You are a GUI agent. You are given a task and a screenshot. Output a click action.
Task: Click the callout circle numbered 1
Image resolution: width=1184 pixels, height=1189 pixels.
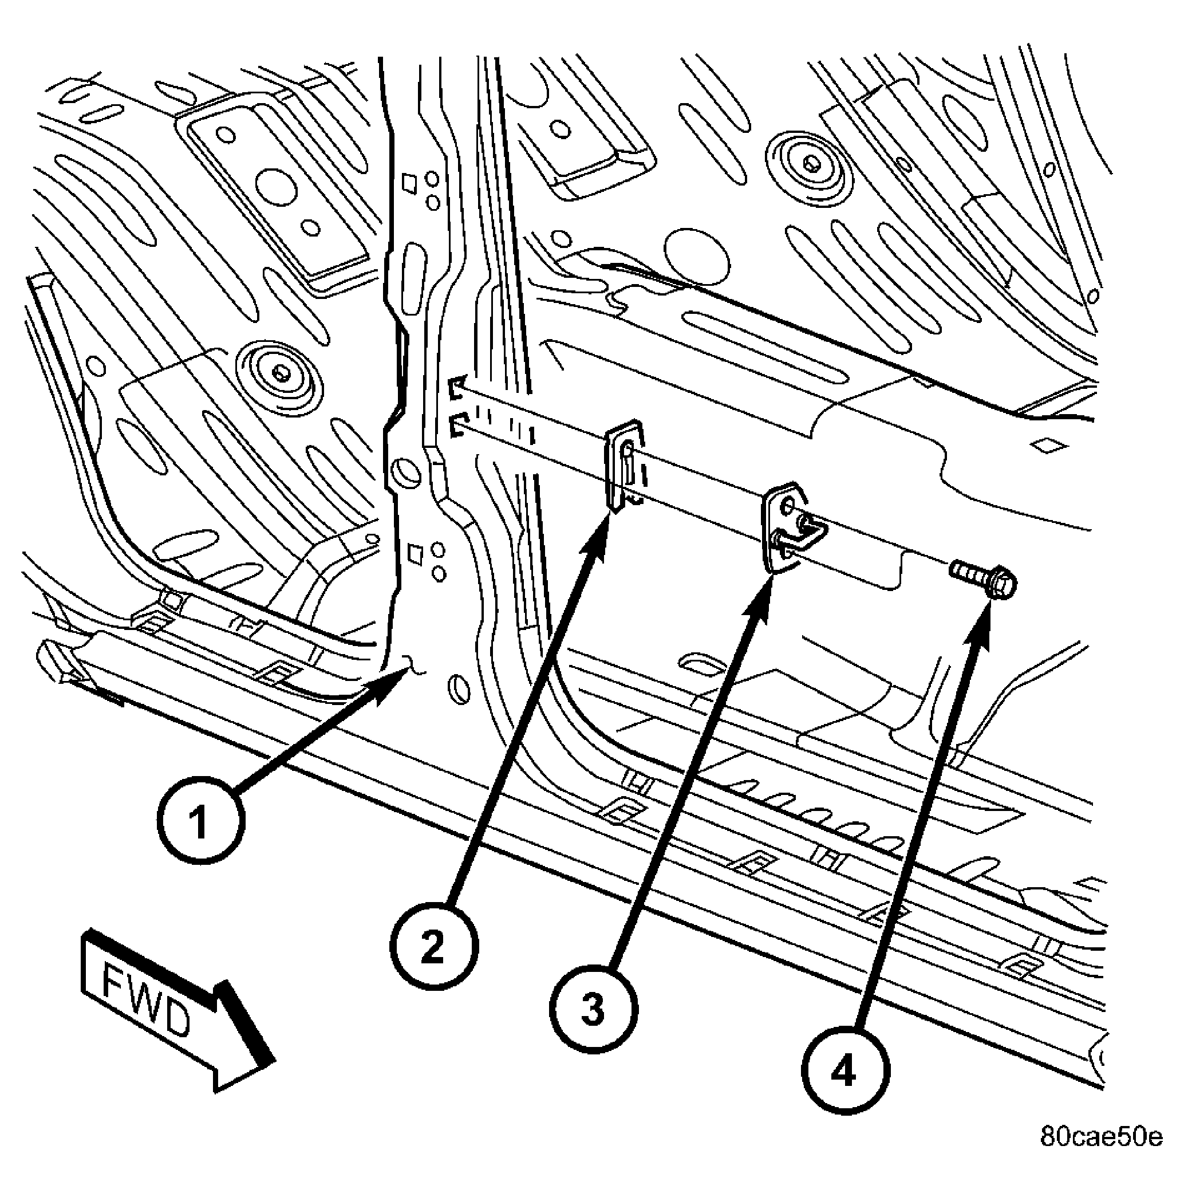point(200,821)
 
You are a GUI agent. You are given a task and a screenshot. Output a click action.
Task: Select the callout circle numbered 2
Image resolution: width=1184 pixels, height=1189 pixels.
point(433,946)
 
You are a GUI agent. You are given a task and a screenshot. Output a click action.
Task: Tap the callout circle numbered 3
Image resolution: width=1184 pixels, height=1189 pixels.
point(593,1010)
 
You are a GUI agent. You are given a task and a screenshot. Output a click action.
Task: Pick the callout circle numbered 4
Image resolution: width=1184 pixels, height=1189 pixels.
point(844,1072)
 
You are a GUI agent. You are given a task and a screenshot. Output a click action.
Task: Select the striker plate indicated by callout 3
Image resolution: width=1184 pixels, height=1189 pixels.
point(792,527)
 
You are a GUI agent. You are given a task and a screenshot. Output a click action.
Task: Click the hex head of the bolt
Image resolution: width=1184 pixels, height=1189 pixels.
point(1000,581)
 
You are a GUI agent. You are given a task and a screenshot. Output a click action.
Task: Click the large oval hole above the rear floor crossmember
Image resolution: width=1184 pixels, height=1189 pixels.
point(697,257)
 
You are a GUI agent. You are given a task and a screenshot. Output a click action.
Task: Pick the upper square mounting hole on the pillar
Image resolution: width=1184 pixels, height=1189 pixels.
point(409,183)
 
